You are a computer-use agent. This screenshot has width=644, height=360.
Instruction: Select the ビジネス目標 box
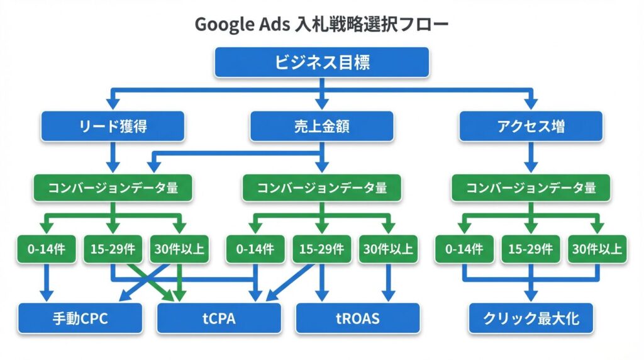click(x=322, y=63)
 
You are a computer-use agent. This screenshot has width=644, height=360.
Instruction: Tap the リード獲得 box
click(x=113, y=127)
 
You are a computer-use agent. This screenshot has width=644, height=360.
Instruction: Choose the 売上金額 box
click(x=322, y=127)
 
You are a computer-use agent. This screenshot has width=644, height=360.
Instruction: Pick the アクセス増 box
click(x=531, y=127)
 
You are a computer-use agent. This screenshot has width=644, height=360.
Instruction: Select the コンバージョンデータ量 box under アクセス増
click(x=531, y=188)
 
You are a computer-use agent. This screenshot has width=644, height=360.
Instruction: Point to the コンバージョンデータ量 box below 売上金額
click(x=322, y=188)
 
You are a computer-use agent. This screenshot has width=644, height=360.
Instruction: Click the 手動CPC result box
click(x=80, y=318)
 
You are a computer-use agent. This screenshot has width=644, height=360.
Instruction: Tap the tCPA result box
click(x=219, y=318)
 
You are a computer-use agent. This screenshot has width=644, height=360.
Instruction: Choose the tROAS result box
click(x=357, y=318)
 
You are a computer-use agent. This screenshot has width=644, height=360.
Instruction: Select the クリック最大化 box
click(x=531, y=318)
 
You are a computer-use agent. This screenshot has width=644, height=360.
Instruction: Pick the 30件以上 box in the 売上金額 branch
click(x=388, y=249)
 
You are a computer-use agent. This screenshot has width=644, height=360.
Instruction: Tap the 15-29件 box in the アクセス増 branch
click(x=531, y=249)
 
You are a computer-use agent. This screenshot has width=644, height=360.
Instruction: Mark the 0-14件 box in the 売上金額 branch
click(x=255, y=249)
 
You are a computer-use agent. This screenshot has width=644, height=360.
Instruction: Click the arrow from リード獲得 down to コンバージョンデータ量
click(x=113, y=157)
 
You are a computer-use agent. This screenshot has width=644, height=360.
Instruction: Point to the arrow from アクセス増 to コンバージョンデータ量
click(x=531, y=157)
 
